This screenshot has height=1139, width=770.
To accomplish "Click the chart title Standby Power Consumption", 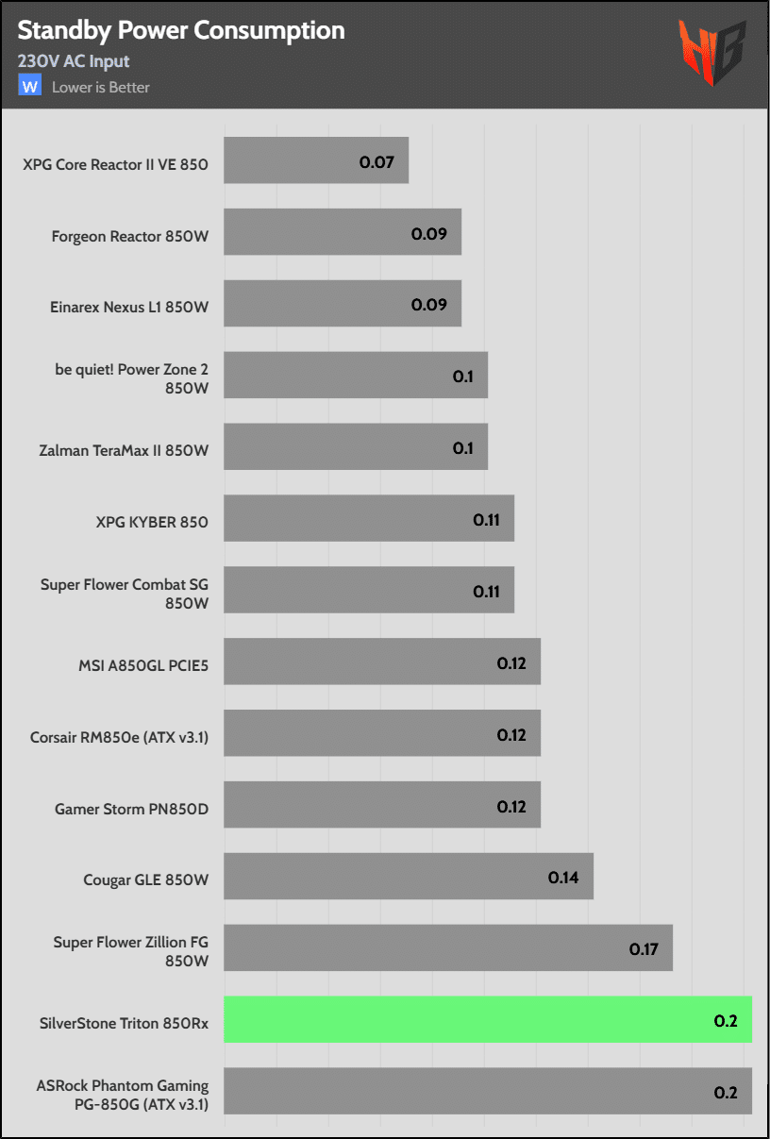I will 181,31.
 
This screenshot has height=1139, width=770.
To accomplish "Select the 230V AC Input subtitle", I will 74,61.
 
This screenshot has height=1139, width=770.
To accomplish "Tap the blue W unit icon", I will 30,86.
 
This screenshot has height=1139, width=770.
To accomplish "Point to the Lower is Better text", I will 101,88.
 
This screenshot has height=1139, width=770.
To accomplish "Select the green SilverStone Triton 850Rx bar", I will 488,1019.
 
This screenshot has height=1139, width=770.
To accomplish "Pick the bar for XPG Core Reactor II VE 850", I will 316,160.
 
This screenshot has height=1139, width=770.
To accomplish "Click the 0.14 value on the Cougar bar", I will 563,878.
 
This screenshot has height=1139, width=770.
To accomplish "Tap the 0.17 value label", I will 644,949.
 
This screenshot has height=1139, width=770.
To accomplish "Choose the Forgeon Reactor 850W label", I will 129,236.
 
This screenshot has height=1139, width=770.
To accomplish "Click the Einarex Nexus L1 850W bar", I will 343,304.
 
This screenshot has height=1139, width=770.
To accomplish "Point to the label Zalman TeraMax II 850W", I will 125,450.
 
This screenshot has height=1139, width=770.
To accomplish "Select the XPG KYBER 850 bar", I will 369,518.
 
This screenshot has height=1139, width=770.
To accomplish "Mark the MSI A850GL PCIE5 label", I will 143,666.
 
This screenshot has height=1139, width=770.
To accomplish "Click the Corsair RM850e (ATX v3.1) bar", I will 382,733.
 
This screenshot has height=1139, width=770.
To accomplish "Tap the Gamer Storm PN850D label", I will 132,809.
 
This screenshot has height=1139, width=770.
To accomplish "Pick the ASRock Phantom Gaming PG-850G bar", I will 488,1091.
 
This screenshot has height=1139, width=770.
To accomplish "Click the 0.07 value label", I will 377,161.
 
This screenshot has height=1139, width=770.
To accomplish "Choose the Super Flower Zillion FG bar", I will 448,947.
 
